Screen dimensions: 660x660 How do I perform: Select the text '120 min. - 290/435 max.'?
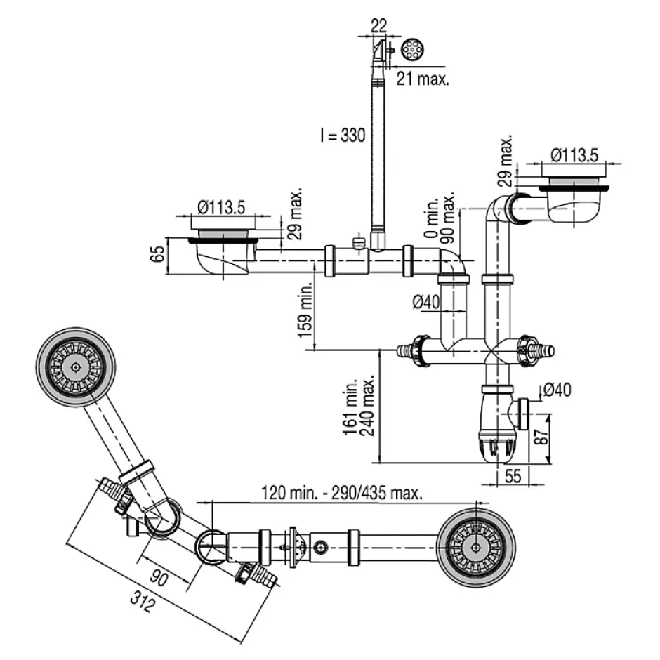point(342,493)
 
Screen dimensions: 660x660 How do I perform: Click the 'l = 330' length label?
point(342,135)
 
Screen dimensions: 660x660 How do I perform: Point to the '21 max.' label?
point(423,79)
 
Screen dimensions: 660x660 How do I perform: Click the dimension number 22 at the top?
point(378,25)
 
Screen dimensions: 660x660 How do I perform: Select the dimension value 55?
point(512,477)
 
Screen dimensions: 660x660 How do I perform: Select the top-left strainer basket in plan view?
point(75,367)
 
